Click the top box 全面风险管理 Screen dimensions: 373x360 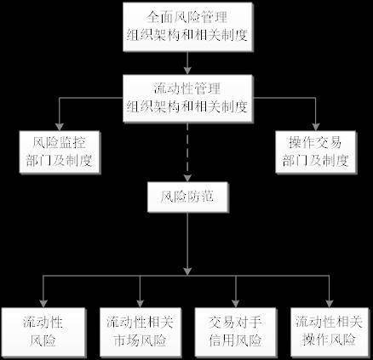click(x=187, y=27)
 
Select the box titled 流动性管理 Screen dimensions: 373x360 click(x=187, y=99)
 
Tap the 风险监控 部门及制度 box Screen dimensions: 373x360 click(x=60, y=152)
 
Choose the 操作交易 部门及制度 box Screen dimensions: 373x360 click(x=316, y=152)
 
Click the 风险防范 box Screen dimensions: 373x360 click(x=188, y=197)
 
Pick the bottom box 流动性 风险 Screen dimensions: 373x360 click(x=43, y=332)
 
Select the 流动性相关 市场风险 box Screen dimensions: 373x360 click(x=141, y=332)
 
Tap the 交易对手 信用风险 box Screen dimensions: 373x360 click(x=235, y=332)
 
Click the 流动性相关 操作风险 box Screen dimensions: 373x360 click(x=330, y=332)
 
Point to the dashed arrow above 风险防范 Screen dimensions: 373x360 click(x=187, y=152)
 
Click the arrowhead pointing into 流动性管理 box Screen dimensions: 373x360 click(x=187, y=71)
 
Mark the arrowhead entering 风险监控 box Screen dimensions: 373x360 click(x=59, y=127)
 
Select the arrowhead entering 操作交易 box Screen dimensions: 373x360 click(x=316, y=127)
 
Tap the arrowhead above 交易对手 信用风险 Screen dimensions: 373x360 click(x=235, y=304)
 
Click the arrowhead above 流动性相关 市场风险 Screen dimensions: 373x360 click(x=140, y=304)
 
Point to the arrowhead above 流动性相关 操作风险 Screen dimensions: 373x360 click(x=330, y=304)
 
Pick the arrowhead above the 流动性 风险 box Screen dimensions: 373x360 click(x=43, y=304)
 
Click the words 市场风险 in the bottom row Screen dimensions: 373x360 click(x=141, y=340)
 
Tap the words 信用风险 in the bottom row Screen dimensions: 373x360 click(x=235, y=340)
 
